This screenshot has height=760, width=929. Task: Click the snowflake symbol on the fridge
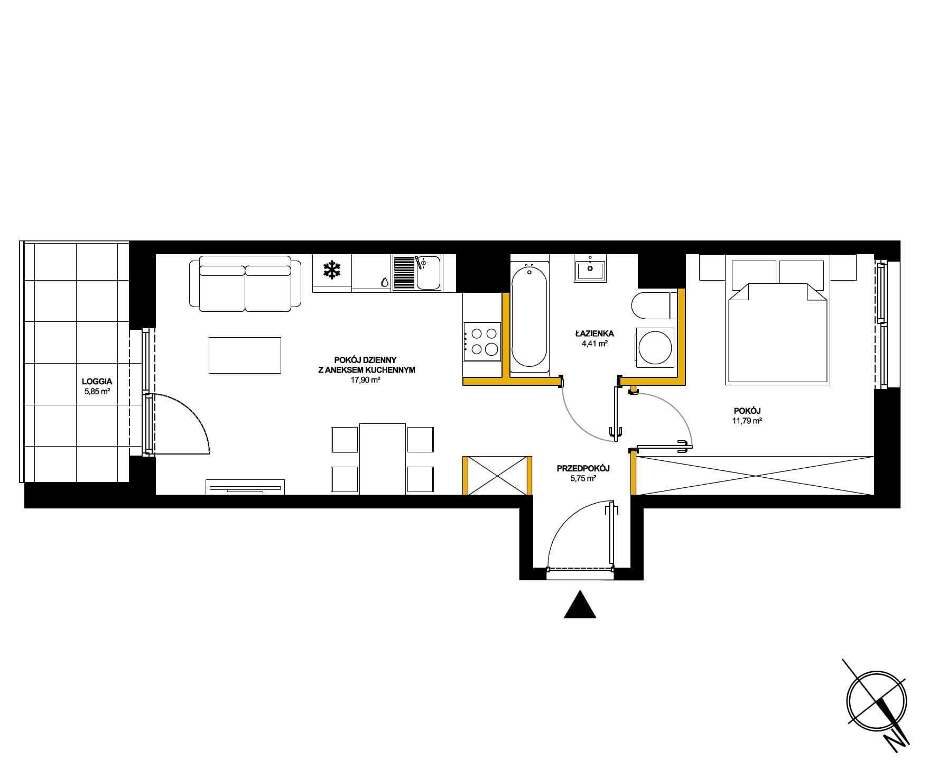[331, 271]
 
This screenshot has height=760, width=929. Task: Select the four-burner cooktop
[482, 341]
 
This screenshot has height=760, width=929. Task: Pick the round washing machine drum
[655, 348]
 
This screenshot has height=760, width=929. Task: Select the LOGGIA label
[97, 381]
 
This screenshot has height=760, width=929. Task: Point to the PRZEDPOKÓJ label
[583, 468]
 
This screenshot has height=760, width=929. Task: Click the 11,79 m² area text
[746, 421]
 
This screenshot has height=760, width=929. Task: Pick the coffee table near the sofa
[245, 355]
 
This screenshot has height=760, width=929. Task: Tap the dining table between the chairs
[383, 459]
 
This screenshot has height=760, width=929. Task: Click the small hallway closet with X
[497, 476]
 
